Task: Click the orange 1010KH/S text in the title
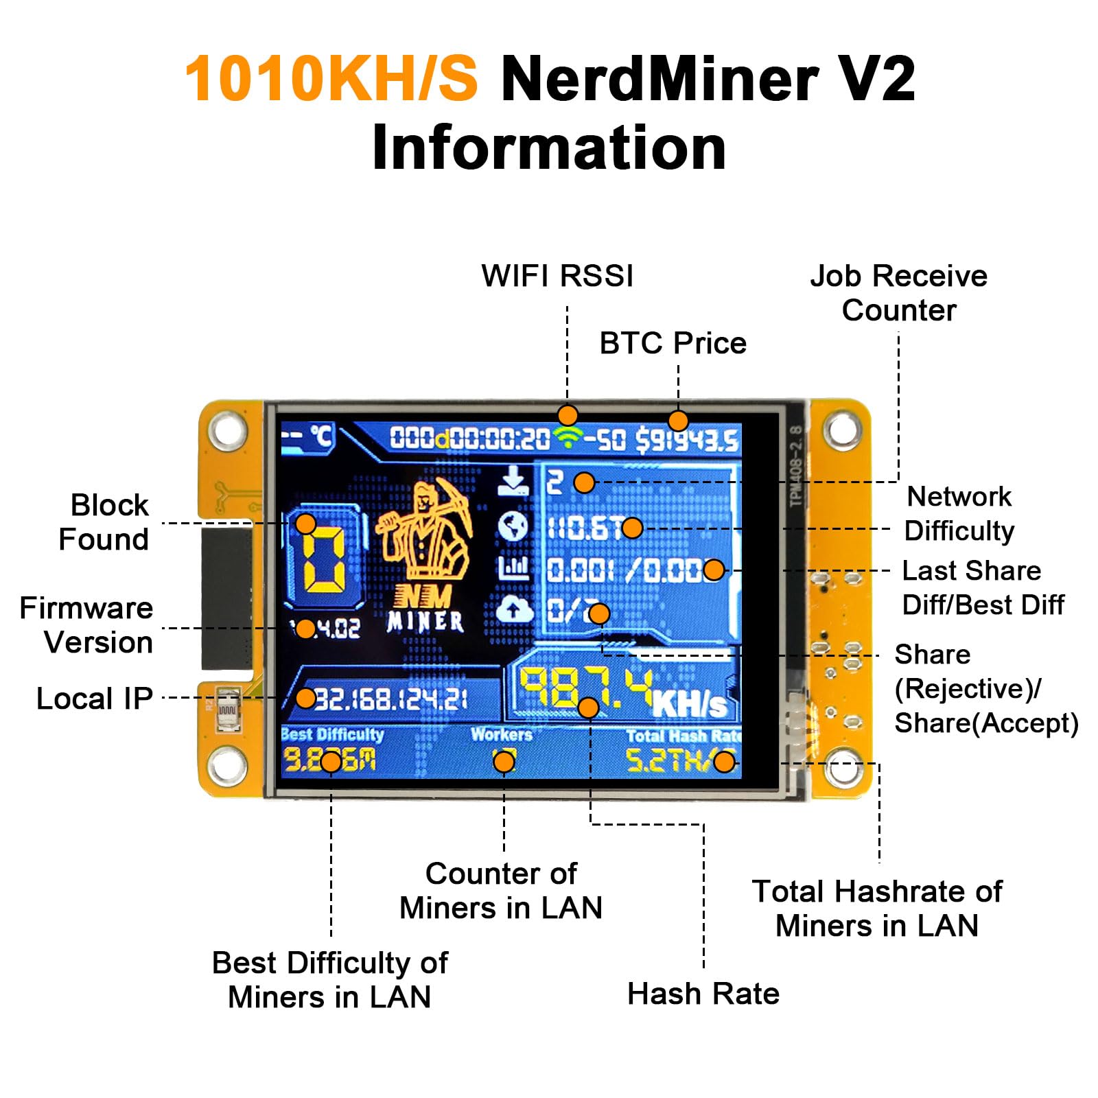pyautogui.click(x=331, y=78)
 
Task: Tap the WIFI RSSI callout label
pyautogui.click(x=557, y=276)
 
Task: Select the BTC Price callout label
pyautogui.click(x=673, y=343)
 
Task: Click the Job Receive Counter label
pyautogui.click(x=898, y=293)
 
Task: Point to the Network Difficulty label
pyautogui.click(x=959, y=513)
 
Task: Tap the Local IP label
pyautogui.click(x=94, y=699)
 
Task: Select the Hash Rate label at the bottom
pyautogui.click(x=703, y=994)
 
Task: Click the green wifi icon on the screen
pyautogui.click(x=568, y=438)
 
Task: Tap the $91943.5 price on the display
pyautogui.click(x=686, y=440)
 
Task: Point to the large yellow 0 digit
pyautogui.click(x=323, y=559)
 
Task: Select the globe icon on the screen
pyautogui.click(x=513, y=526)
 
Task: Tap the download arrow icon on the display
pyautogui.click(x=513, y=481)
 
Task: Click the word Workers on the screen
pyautogui.click(x=502, y=734)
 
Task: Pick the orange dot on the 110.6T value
pyautogui.click(x=632, y=528)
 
